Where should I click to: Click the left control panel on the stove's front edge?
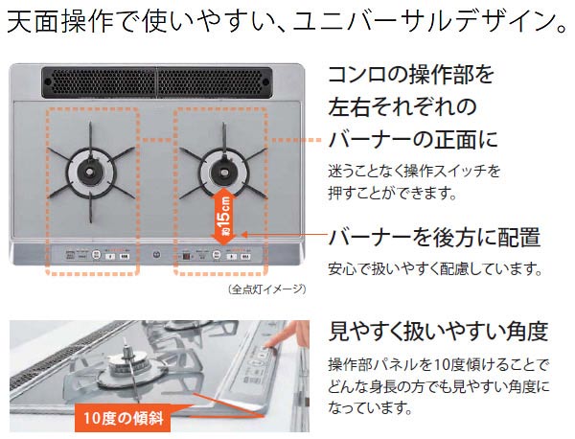click(92, 256)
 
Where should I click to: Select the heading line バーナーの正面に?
click(413, 140)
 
